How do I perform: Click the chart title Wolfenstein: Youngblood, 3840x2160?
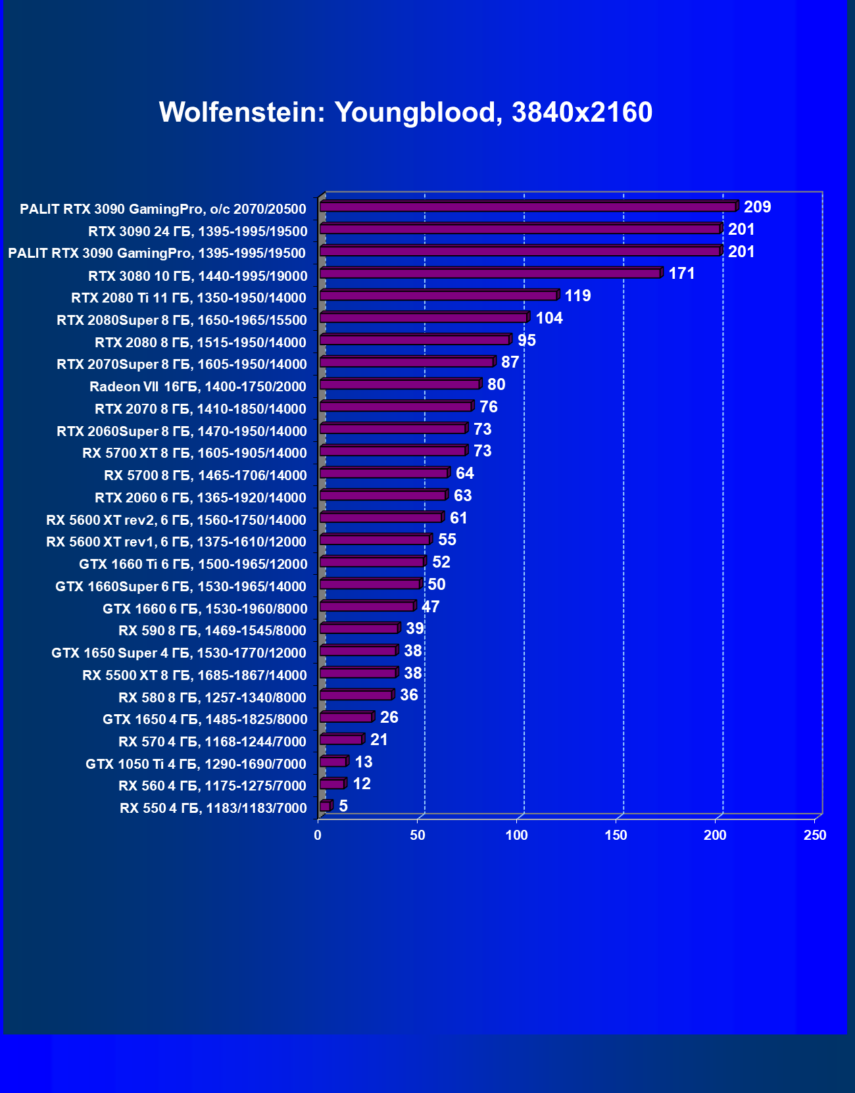pos(405,112)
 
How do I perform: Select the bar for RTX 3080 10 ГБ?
pos(490,274)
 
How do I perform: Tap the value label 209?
pos(757,207)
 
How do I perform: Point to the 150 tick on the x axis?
pos(616,835)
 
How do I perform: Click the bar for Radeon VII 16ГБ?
pos(400,385)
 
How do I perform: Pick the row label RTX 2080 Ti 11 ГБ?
pos(189,298)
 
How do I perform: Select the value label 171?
pos(681,274)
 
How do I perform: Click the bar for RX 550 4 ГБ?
pos(325,806)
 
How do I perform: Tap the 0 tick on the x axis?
pos(318,835)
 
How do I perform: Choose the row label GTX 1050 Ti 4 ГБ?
pos(196,764)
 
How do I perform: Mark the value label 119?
pos(577,296)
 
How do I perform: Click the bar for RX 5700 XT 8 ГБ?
pos(393,451)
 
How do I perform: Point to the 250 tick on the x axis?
pos(815,835)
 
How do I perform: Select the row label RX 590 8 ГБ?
pos(212,631)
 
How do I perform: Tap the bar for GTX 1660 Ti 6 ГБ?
pos(372,562)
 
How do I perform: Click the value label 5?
pos(343,806)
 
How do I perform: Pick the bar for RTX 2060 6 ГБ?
pos(383,496)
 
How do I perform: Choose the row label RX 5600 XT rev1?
pos(176,542)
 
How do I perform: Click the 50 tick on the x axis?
pos(418,835)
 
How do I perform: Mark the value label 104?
pos(549,318)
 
